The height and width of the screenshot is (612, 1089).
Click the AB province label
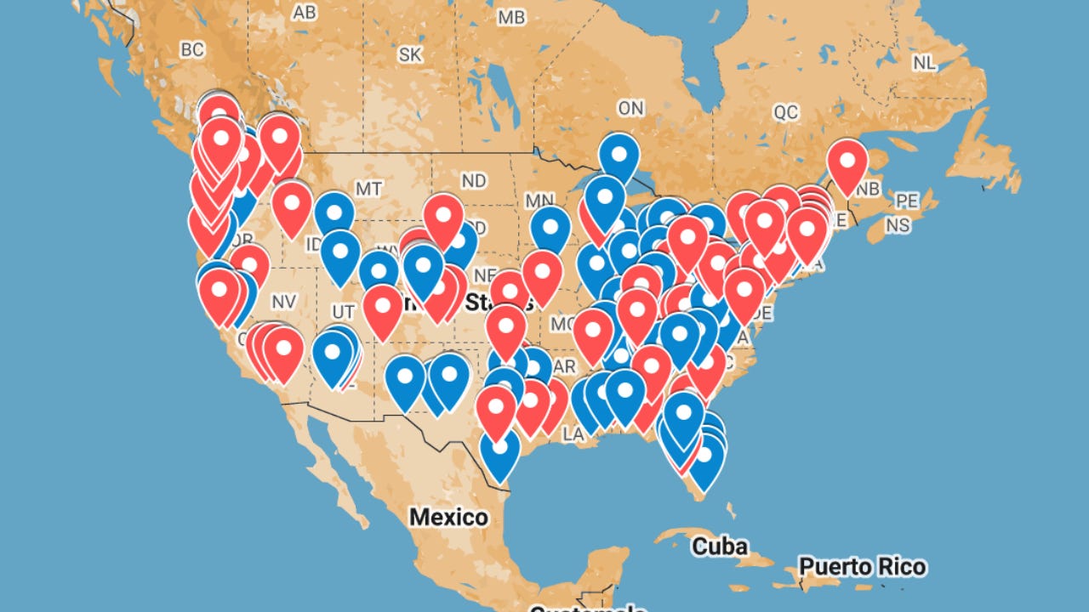(x=305, y=13)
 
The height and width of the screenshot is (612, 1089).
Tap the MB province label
(x=511, y=17)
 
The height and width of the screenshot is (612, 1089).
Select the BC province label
(x=192, y=50)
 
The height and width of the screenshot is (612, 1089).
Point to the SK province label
(x=410, y=54)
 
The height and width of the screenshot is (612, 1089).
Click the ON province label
(x=630, y=108)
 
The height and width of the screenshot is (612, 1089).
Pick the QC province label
(x=786, y=112)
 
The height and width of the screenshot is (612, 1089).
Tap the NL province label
(x=925, y=63)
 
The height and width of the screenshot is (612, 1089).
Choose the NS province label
(x=898, y=225)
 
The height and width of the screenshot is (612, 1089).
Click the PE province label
(x=908, y=201)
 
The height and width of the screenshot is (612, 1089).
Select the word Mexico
(x=448, y=517)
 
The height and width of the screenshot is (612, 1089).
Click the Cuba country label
(x=720, y=545)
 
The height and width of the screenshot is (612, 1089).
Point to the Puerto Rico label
(x=863, y=566)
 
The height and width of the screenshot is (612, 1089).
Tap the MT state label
(x=368, y=189)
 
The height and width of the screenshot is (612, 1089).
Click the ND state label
(x=474, y=181)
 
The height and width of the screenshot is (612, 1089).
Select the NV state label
(x=283, y=302)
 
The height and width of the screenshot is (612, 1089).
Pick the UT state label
(x=344, y=311)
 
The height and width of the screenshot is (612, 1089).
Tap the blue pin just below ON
(x=619, y=154)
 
